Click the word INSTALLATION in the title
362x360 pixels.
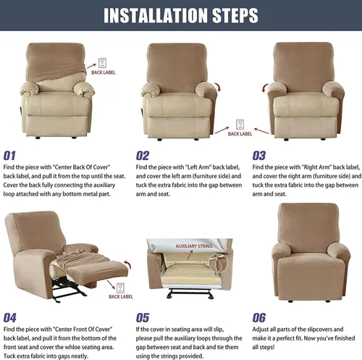pos(156,15)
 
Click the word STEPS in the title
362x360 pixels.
pos(235,15)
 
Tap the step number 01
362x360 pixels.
pos(9,156)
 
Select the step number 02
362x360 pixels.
pos(143,156)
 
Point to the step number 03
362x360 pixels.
pos(259,156)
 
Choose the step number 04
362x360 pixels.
pos(9,318)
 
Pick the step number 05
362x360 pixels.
pos(143,318)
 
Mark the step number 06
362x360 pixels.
pos(259,318)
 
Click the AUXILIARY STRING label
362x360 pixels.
pos(194,246)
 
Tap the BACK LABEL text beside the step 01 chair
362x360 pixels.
pos(104,72)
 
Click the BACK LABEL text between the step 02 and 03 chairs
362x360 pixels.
pos(240,134)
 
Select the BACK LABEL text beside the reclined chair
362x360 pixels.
pos(121,296)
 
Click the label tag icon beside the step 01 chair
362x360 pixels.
pos(102,63)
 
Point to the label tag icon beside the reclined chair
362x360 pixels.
pos(120,288)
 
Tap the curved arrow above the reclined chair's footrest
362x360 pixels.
pos(128,264)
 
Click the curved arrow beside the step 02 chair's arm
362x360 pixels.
pos(218,87)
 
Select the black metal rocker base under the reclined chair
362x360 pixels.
pos(68,290)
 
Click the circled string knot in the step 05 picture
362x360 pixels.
pos(218,263)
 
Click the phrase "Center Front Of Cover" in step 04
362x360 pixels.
pos(83,329)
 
